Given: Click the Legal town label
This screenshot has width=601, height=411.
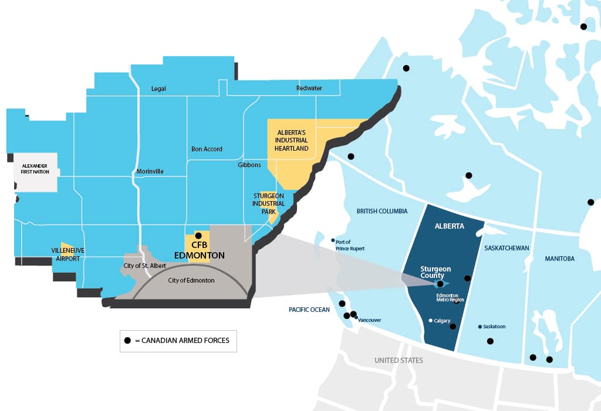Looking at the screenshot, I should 158,89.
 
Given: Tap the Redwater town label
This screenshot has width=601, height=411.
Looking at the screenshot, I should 309,89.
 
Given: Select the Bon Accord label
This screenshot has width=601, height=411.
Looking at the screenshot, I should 207,149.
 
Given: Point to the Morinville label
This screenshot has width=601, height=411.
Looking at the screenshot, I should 150,171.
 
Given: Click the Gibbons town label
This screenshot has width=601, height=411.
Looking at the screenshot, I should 249,165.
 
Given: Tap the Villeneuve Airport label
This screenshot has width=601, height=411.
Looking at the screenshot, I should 68,254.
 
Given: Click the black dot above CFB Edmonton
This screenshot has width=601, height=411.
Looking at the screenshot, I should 198,236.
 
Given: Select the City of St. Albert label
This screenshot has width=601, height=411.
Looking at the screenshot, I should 144,266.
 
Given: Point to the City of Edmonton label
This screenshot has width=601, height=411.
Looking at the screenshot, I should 191,280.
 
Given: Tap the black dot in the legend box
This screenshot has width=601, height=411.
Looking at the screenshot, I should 127,340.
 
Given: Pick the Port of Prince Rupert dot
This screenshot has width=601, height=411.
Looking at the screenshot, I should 333,240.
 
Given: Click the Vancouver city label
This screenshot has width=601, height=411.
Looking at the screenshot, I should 370,320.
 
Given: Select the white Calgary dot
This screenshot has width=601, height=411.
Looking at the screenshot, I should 431,321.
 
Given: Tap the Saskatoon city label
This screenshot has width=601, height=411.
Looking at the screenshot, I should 495,327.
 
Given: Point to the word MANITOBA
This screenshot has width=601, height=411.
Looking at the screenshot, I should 559,259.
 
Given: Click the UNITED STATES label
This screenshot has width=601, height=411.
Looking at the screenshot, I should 399,360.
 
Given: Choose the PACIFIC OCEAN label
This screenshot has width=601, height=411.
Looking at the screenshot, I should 309,310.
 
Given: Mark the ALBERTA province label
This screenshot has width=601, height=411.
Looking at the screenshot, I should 449,226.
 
